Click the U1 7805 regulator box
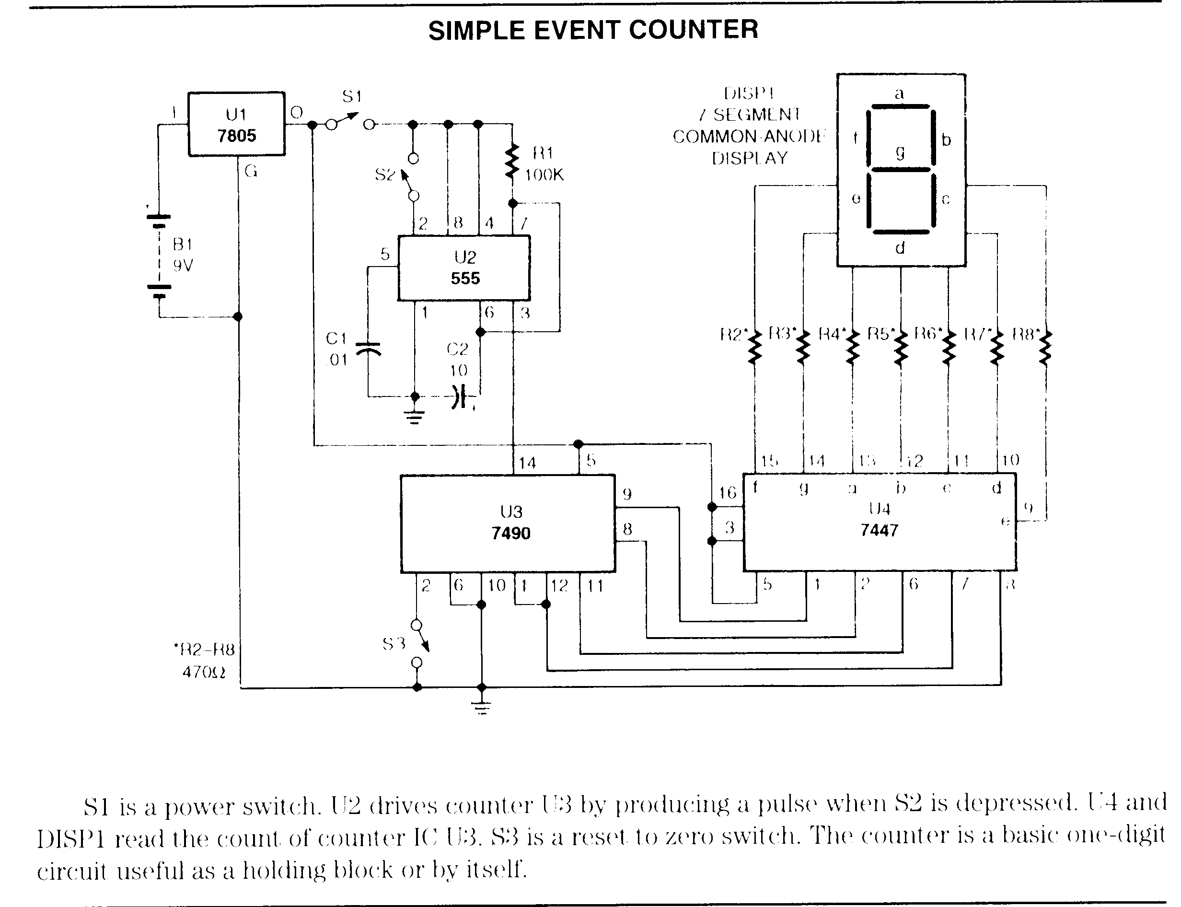(236, 124)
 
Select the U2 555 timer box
(463, 268)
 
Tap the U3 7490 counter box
(508, 523)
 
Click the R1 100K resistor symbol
(512, 162)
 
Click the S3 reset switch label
(394, 643)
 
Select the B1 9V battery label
(183, 255)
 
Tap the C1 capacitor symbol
(369, 349)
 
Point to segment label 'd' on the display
(900, 248)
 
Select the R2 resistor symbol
(754, 347)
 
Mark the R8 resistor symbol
(1045, 348)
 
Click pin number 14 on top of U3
(527, 463)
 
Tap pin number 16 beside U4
(727, 492)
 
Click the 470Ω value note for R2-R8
(204, 672)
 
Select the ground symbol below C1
(414, 416)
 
